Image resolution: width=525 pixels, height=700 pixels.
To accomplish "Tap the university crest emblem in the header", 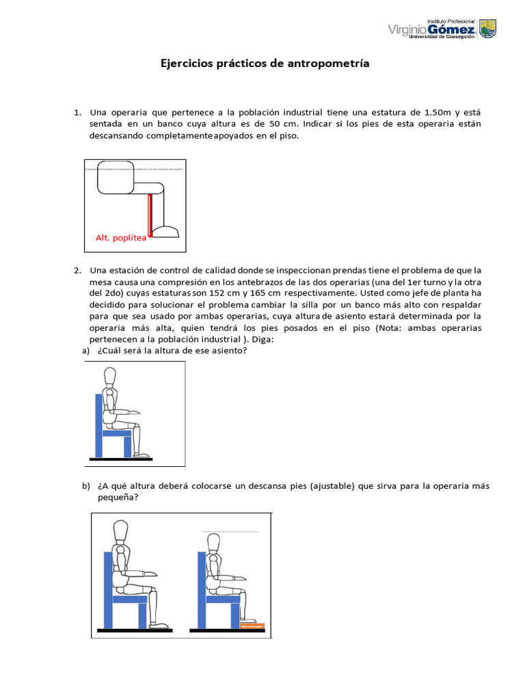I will (488, 29).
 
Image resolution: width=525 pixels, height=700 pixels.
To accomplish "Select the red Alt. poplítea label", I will (121, 238).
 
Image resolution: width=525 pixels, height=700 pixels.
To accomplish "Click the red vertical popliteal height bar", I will (150, 215).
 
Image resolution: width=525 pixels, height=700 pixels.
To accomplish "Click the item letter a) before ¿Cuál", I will (86, 351).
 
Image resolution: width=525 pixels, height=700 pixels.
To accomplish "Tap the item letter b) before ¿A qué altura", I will (86, 486).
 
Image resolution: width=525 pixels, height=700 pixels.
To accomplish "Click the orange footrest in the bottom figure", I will (252, 625).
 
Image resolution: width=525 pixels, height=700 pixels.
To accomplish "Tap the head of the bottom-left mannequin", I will (121, 531).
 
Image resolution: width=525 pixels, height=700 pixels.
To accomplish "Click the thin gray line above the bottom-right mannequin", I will (229, 530).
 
